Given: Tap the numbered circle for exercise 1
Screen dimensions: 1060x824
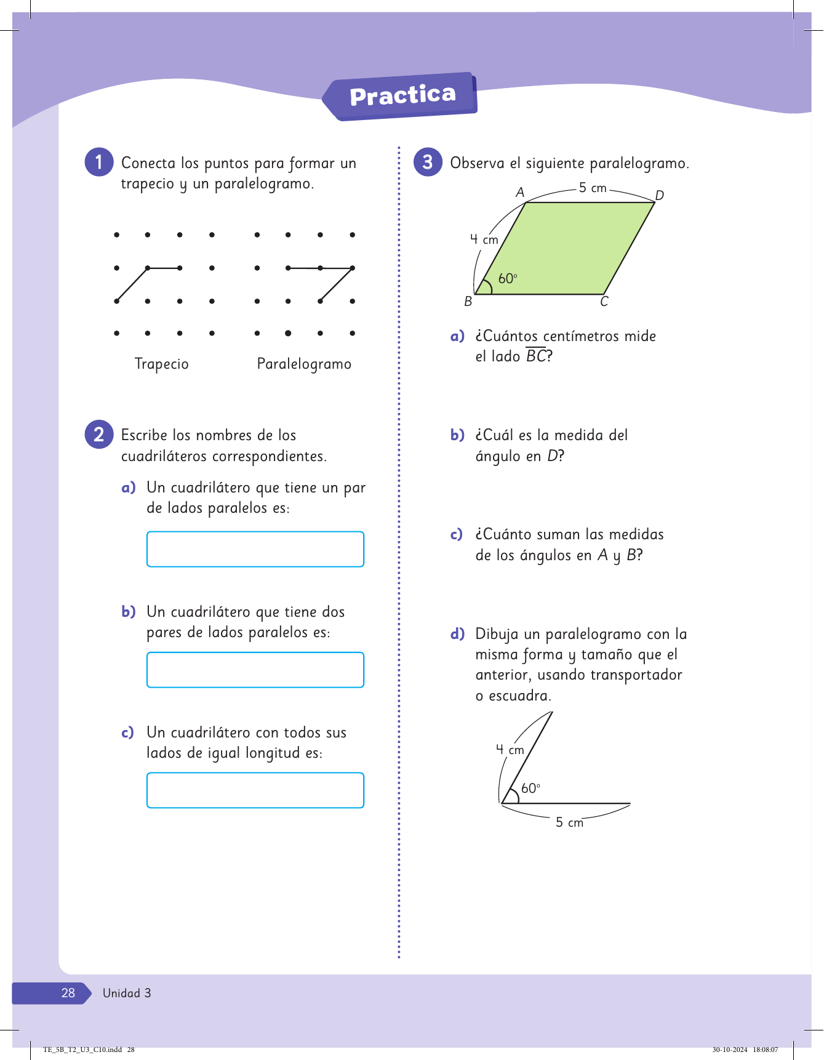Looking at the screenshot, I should pos(98,162).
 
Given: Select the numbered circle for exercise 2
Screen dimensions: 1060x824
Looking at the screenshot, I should pos(98,435).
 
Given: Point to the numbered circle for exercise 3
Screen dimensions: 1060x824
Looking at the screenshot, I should pos(428,162).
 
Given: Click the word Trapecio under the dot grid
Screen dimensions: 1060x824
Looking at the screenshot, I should pos(161,364).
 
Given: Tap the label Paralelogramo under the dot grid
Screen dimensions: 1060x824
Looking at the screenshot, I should pos(304,364).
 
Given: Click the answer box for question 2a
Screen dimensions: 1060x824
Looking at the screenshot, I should pos(255,549).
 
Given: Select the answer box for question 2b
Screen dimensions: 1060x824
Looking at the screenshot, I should pos(255,670).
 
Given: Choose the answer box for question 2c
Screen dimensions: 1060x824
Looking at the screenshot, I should pos(255,790).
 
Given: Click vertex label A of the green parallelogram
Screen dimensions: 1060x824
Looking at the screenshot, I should pos(520,193).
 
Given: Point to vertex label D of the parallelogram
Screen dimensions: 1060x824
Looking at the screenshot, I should pos(660,196).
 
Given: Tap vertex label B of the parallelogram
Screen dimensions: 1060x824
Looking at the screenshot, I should pos(468,302).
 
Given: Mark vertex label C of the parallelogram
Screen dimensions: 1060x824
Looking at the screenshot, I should pos(604,302).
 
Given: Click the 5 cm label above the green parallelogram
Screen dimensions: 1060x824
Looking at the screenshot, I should pos(593,188).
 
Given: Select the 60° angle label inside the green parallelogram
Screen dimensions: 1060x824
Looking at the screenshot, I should pos(508,279).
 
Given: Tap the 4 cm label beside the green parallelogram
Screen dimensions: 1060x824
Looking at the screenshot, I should pos(484,239).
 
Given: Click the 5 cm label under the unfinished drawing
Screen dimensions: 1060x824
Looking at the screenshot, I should pos(569,822).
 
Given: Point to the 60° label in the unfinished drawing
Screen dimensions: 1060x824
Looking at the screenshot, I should pos(530,789).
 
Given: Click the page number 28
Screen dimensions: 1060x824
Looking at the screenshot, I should pos(68,993).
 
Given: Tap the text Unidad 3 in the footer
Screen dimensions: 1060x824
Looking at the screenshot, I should pos(127,993).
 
